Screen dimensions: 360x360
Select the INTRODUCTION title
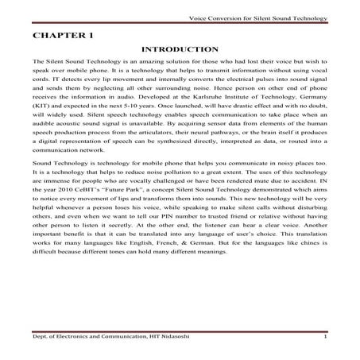tap(180, 50)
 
